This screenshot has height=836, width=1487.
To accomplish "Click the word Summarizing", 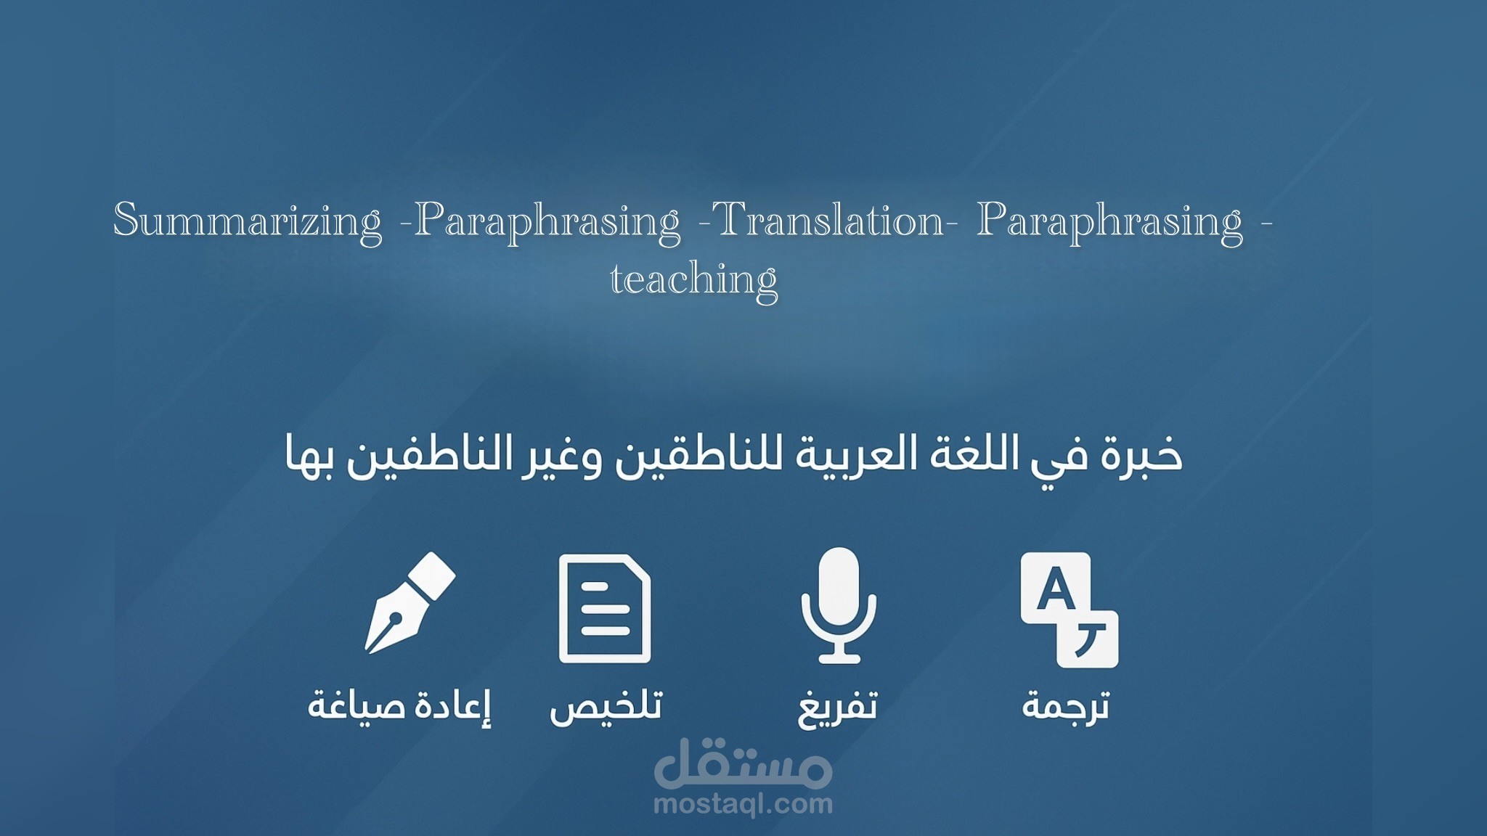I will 248,221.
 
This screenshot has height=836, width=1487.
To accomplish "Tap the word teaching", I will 693,279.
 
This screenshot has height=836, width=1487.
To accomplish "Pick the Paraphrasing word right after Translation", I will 1109,221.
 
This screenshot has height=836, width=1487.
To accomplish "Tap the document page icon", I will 605,608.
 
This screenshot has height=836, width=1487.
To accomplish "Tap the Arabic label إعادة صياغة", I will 399,705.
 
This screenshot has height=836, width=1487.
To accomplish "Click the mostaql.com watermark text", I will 743,804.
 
